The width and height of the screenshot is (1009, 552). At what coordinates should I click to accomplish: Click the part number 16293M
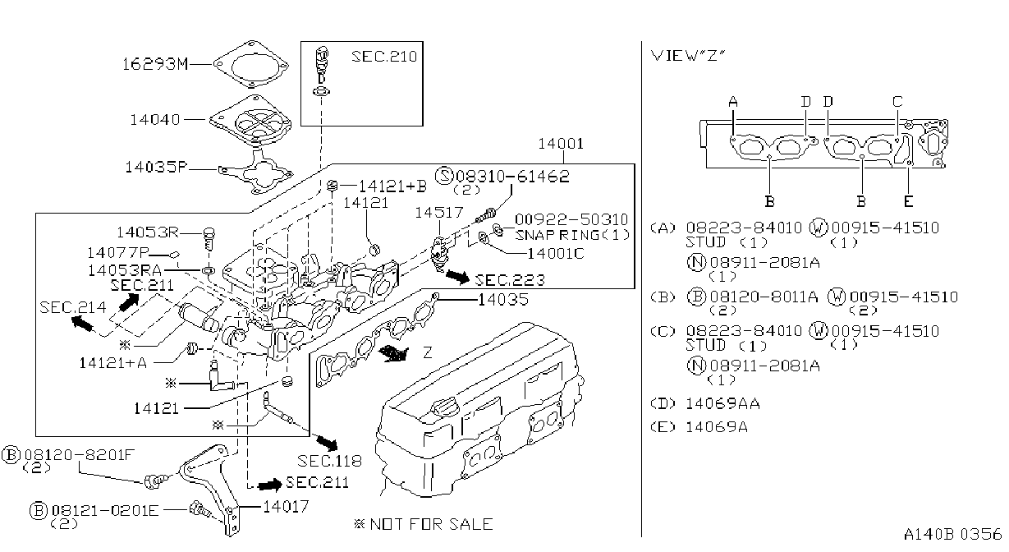[x=155, y=64]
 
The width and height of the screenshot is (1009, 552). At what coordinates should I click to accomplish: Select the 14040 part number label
[x=155, y=120]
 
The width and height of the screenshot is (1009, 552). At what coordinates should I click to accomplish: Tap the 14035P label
[x=156, y=168]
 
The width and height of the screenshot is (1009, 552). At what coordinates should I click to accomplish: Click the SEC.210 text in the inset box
[x=384, y=57]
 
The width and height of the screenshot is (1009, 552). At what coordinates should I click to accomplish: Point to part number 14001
[x=562, y=144]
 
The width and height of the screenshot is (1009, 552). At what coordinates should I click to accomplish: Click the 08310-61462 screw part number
[x=512, y=176]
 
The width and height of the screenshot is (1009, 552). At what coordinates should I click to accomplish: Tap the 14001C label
[x=556, y=254]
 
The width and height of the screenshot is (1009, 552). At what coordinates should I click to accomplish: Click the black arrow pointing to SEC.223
[x=457, y=276]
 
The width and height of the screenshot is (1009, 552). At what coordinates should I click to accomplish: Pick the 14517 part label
[x=438, y=212]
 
